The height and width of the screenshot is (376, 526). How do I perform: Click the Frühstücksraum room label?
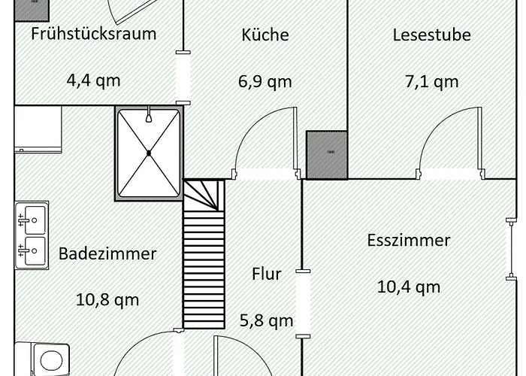click(94, 34)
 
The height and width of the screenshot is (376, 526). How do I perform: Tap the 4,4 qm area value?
click(94, 80)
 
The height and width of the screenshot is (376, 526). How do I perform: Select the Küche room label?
click(265, 35)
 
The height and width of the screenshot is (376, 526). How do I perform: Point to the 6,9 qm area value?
click(265, 81)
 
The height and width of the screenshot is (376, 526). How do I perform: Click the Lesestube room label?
click(431, 35)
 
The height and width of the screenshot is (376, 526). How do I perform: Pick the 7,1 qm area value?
click(431, 81)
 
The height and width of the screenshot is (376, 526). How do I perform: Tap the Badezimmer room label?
click(107, 253)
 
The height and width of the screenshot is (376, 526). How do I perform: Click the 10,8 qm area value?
click(107, 299)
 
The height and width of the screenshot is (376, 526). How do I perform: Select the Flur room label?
click(266, 274)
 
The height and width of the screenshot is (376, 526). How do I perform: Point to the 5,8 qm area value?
click(266, 321)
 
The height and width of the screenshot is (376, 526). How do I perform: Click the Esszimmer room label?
click(409, 241)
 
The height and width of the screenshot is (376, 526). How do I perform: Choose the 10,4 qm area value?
click(409, 287)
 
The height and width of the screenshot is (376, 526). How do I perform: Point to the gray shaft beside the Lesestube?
click(327, 154)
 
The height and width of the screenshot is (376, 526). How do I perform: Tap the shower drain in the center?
click(149, 153)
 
